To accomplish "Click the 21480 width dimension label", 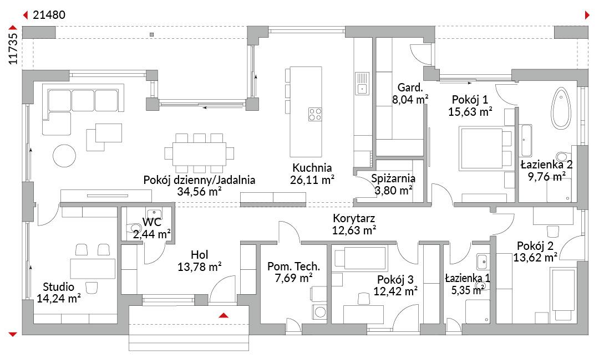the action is (x=49, y=15).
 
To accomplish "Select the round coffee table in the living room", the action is (x=64, y=156).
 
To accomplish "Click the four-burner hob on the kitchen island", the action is (x=315, y=115).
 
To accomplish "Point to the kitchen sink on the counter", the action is (x=362, y=84).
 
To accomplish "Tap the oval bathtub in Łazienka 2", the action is (x=561, y=107).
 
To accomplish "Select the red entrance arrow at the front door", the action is (x=224, y=315).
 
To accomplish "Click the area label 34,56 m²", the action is (x=200, y=192).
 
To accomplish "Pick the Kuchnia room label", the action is (x=312, y=168).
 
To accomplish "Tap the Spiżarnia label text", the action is (x=393, y=178).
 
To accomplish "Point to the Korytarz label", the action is (x=354, y=218).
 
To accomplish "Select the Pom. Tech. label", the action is (x=293, y=266).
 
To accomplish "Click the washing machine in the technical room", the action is (x=319, y=312).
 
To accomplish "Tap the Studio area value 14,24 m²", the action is (x=58, y=299).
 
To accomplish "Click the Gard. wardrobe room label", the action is (x=410, y=88).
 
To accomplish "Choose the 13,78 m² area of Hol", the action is (x=200, y=266).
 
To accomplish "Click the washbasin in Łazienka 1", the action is (x=482, y=262).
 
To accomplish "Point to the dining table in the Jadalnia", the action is (x=199, y=153).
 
